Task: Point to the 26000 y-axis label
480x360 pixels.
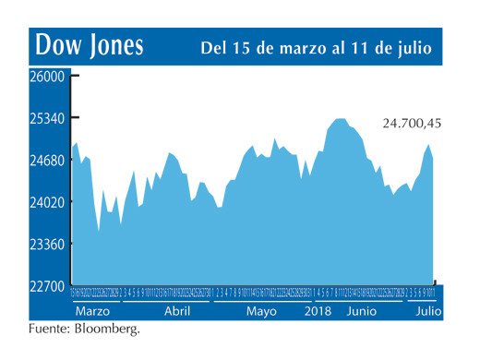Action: click(x=45, y=77)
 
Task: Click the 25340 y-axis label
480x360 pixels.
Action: click(x=45, y=119)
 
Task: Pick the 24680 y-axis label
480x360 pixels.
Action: click(x=45, y=161)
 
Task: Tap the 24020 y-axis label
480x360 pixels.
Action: click(x=45, y=202)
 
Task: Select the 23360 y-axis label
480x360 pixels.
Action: click(x=45, y=244)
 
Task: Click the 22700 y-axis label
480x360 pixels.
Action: click(x=45, y=286)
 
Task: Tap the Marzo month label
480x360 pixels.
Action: click(x=92, y=312)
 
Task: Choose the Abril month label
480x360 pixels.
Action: click(x=176, y=312)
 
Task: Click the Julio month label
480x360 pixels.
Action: click(x=426, y=312)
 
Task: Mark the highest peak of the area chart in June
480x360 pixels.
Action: click(x=339, y=119)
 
